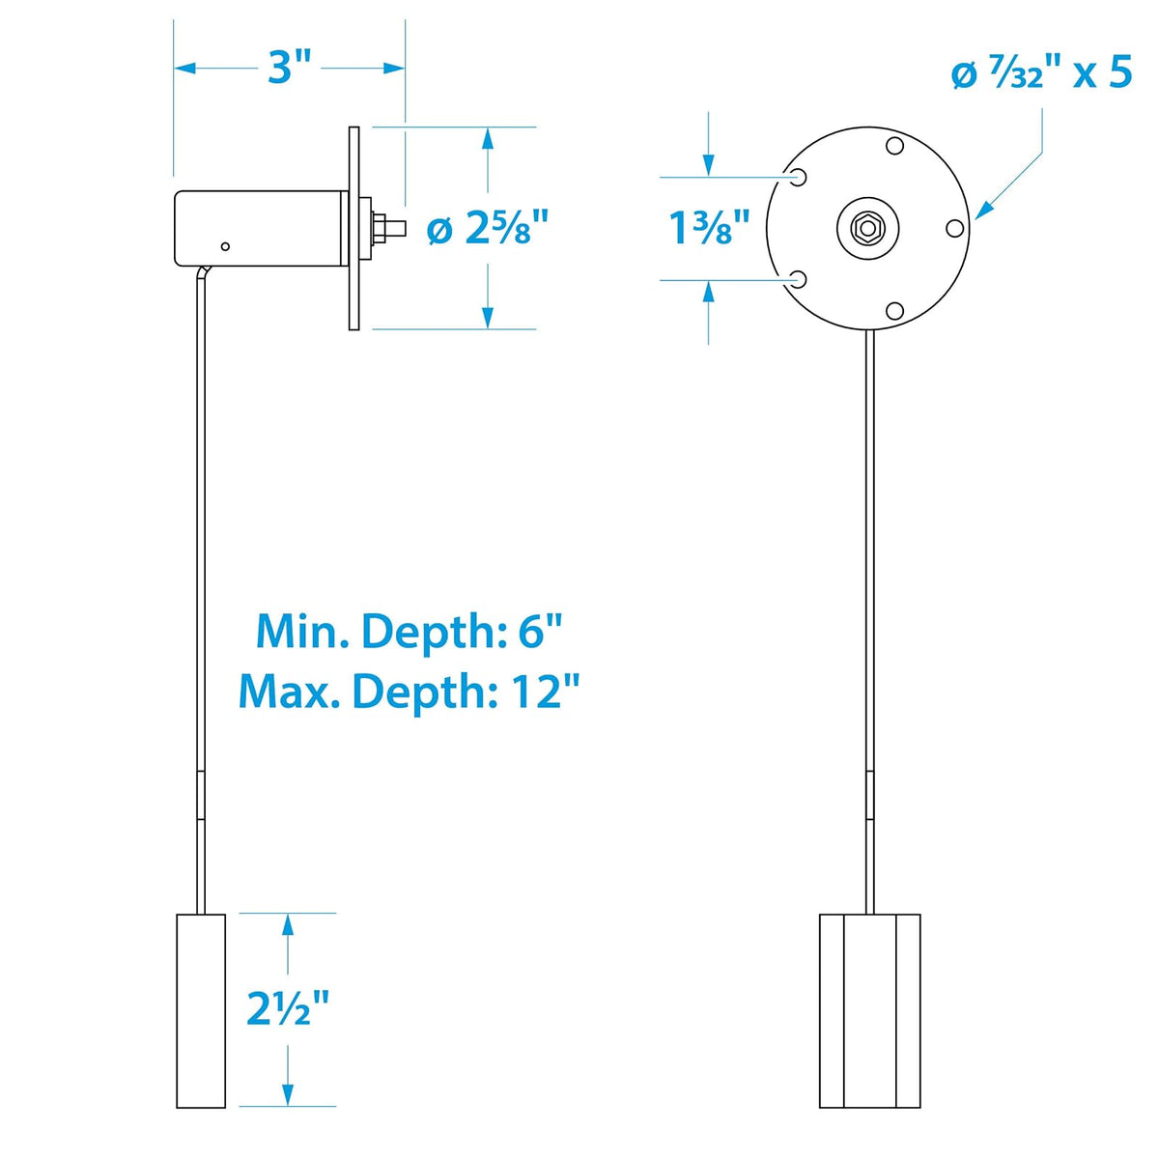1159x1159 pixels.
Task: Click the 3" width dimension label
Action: coord(290,68)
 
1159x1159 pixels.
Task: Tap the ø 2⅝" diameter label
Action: coord(487,229)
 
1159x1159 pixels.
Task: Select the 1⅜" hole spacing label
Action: coord(710,229)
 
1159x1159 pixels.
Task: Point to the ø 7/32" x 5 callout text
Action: coord(1042,74)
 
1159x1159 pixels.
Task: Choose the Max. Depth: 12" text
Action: coord(409,693)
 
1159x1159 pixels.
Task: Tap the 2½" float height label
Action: coord(288,1008)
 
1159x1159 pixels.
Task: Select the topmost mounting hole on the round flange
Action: coord(894,146)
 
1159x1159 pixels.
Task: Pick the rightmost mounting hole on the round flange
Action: coord(954,229)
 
